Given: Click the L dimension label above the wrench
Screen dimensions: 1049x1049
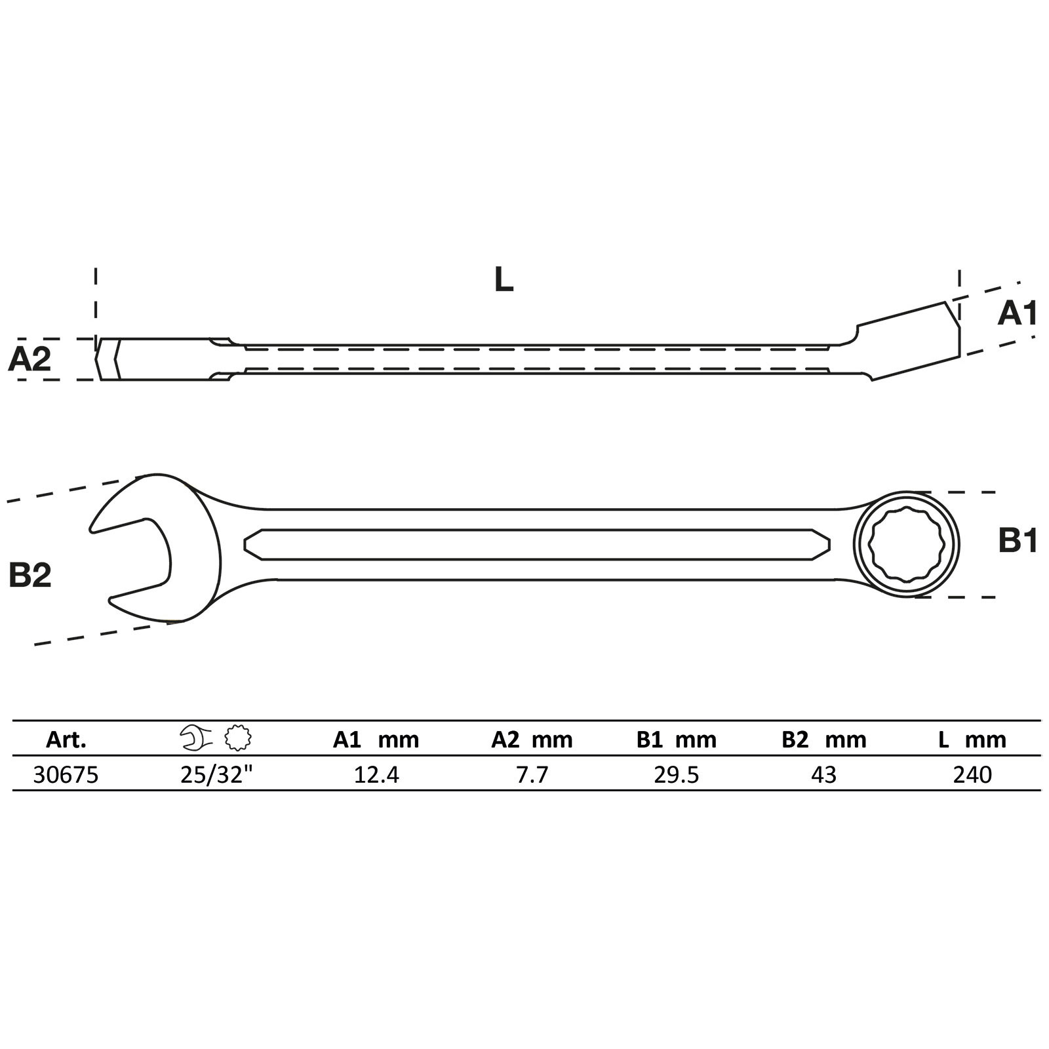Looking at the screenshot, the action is (x=504, y=280).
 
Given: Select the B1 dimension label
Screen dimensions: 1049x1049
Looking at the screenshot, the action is (x=1018, y=542).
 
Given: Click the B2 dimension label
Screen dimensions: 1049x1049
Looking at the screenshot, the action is (x=30, y=575).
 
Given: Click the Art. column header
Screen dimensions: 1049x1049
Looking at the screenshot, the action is (x=66, y=740).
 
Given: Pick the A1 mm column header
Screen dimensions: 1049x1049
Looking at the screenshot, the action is (x=376, y=740).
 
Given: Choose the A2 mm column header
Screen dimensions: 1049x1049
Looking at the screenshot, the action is (x=532, y=740).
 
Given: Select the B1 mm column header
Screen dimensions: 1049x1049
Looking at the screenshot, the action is (x=676, y=740).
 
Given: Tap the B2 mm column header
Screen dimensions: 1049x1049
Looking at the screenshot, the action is (x=823, y=740).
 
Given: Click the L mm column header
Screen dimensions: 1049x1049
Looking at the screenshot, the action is (x=972, y=740).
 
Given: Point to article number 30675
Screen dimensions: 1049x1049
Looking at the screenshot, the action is (x=66, y=775).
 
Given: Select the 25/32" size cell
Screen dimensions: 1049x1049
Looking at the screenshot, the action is (x=217, y=774).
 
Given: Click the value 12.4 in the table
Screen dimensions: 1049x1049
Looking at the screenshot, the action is (x=376, y=775).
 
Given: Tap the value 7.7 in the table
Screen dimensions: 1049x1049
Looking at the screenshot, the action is (x=532, y=775).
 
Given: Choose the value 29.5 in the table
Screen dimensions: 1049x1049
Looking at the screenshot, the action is (x=677, y=775).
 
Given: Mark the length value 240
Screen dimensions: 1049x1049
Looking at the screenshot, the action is (x=973, y=775).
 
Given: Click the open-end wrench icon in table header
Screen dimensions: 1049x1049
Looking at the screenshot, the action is (x=196, y=738).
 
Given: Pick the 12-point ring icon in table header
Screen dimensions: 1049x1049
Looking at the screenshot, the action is (x=237, y=738).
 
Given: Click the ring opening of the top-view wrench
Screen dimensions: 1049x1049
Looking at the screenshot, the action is (x=907, y=545).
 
